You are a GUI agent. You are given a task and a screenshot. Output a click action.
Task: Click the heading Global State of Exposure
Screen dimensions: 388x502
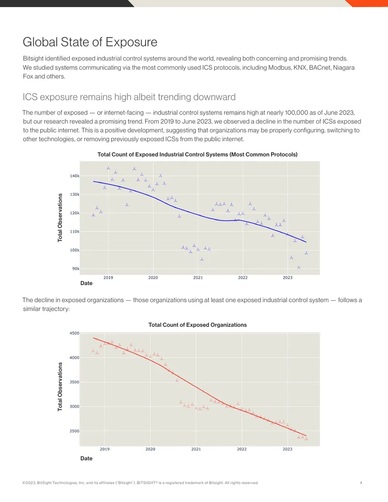point(90,42)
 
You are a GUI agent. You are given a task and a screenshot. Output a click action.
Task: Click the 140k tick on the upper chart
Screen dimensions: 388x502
point(75,176)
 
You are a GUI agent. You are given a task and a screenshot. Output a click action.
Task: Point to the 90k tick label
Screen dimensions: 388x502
point(76,269)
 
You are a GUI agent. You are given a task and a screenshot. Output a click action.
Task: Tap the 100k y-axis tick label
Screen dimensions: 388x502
point(75,250)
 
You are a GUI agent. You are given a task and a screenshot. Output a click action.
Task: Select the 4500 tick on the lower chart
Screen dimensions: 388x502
point(74,333)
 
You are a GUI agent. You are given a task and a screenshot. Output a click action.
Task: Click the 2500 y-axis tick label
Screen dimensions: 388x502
point(74,431)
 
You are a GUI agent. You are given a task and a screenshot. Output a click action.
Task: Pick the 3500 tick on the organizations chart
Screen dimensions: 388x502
point(74,382)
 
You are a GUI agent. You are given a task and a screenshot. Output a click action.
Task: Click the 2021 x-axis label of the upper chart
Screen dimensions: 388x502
point(198,277)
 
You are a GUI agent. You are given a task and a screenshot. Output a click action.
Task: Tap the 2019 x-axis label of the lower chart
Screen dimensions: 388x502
point(105,449)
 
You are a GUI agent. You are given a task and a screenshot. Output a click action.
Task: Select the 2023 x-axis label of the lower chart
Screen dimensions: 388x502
point(288,449)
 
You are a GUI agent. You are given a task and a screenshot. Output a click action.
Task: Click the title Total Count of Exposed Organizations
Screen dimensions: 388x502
point(197,325)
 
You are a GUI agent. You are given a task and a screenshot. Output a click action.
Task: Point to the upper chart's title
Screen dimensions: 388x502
point(197,155)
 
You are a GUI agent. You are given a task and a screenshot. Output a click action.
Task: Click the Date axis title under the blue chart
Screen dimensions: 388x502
point(86,283)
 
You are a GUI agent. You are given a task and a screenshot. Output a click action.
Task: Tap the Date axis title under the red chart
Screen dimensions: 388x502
point(86,458)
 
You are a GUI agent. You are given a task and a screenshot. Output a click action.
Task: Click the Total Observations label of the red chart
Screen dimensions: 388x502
point(60,387)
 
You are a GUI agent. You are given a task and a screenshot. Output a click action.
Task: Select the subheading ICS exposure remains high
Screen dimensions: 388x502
point(129,97)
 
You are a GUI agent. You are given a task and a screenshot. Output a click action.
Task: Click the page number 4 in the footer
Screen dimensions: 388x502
point(361,483)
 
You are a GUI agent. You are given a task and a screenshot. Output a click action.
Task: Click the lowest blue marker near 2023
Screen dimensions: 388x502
point(299,267)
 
